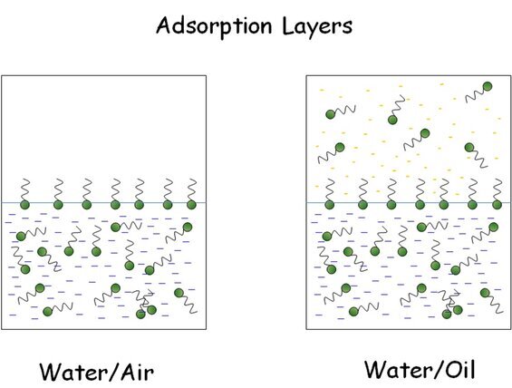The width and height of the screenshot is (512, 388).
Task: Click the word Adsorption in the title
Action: coord(214,27)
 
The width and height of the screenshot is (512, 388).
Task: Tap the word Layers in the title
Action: coord(317,27)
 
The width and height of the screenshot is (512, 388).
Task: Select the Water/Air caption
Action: coord(97,372)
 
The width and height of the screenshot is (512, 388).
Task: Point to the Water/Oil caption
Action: coord(420,369)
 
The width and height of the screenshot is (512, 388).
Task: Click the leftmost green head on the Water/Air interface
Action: coord(24,205)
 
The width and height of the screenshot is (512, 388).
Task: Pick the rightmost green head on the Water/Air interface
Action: coord(191,205)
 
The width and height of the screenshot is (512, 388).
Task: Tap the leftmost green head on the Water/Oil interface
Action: coord(330,205)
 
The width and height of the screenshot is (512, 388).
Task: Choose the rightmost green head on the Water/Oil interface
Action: coord(497,205)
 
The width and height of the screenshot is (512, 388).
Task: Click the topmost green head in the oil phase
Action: coord(488,86)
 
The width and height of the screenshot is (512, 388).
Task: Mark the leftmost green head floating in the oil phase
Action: coord(331,114)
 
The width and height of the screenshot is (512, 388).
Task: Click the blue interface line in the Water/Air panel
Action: coord(104,202)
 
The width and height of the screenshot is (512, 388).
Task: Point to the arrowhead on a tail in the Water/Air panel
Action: coord(150,294)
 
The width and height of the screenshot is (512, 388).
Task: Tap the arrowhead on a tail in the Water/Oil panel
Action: coord(457,294)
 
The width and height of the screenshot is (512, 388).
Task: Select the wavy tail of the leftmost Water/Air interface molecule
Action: coord(25,189)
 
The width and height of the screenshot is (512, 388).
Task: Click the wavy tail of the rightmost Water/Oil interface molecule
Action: coord(498,189)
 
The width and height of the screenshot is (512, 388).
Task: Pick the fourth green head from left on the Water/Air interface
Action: coord(115,205)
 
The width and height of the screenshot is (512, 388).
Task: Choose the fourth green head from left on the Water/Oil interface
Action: coord(420,205)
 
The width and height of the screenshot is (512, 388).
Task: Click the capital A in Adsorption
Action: coord(165,25)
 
